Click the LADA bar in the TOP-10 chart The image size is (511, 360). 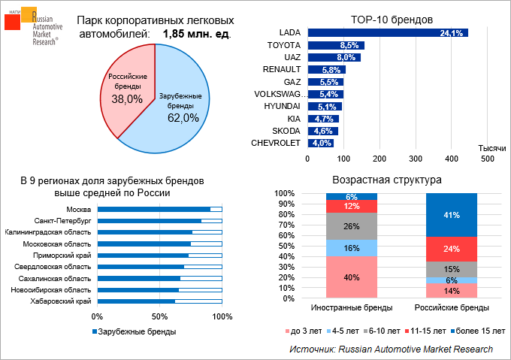click(387, 33)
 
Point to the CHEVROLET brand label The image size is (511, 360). click(275, 142)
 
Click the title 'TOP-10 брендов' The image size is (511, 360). click(386, 19)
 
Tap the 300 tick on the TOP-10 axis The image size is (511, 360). click(415, 159)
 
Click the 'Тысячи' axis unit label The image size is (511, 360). click(491, 149)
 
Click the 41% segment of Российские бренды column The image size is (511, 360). click(452, 215)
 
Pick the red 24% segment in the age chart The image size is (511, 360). click(452, 249)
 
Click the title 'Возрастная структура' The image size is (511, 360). click(386, 180)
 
